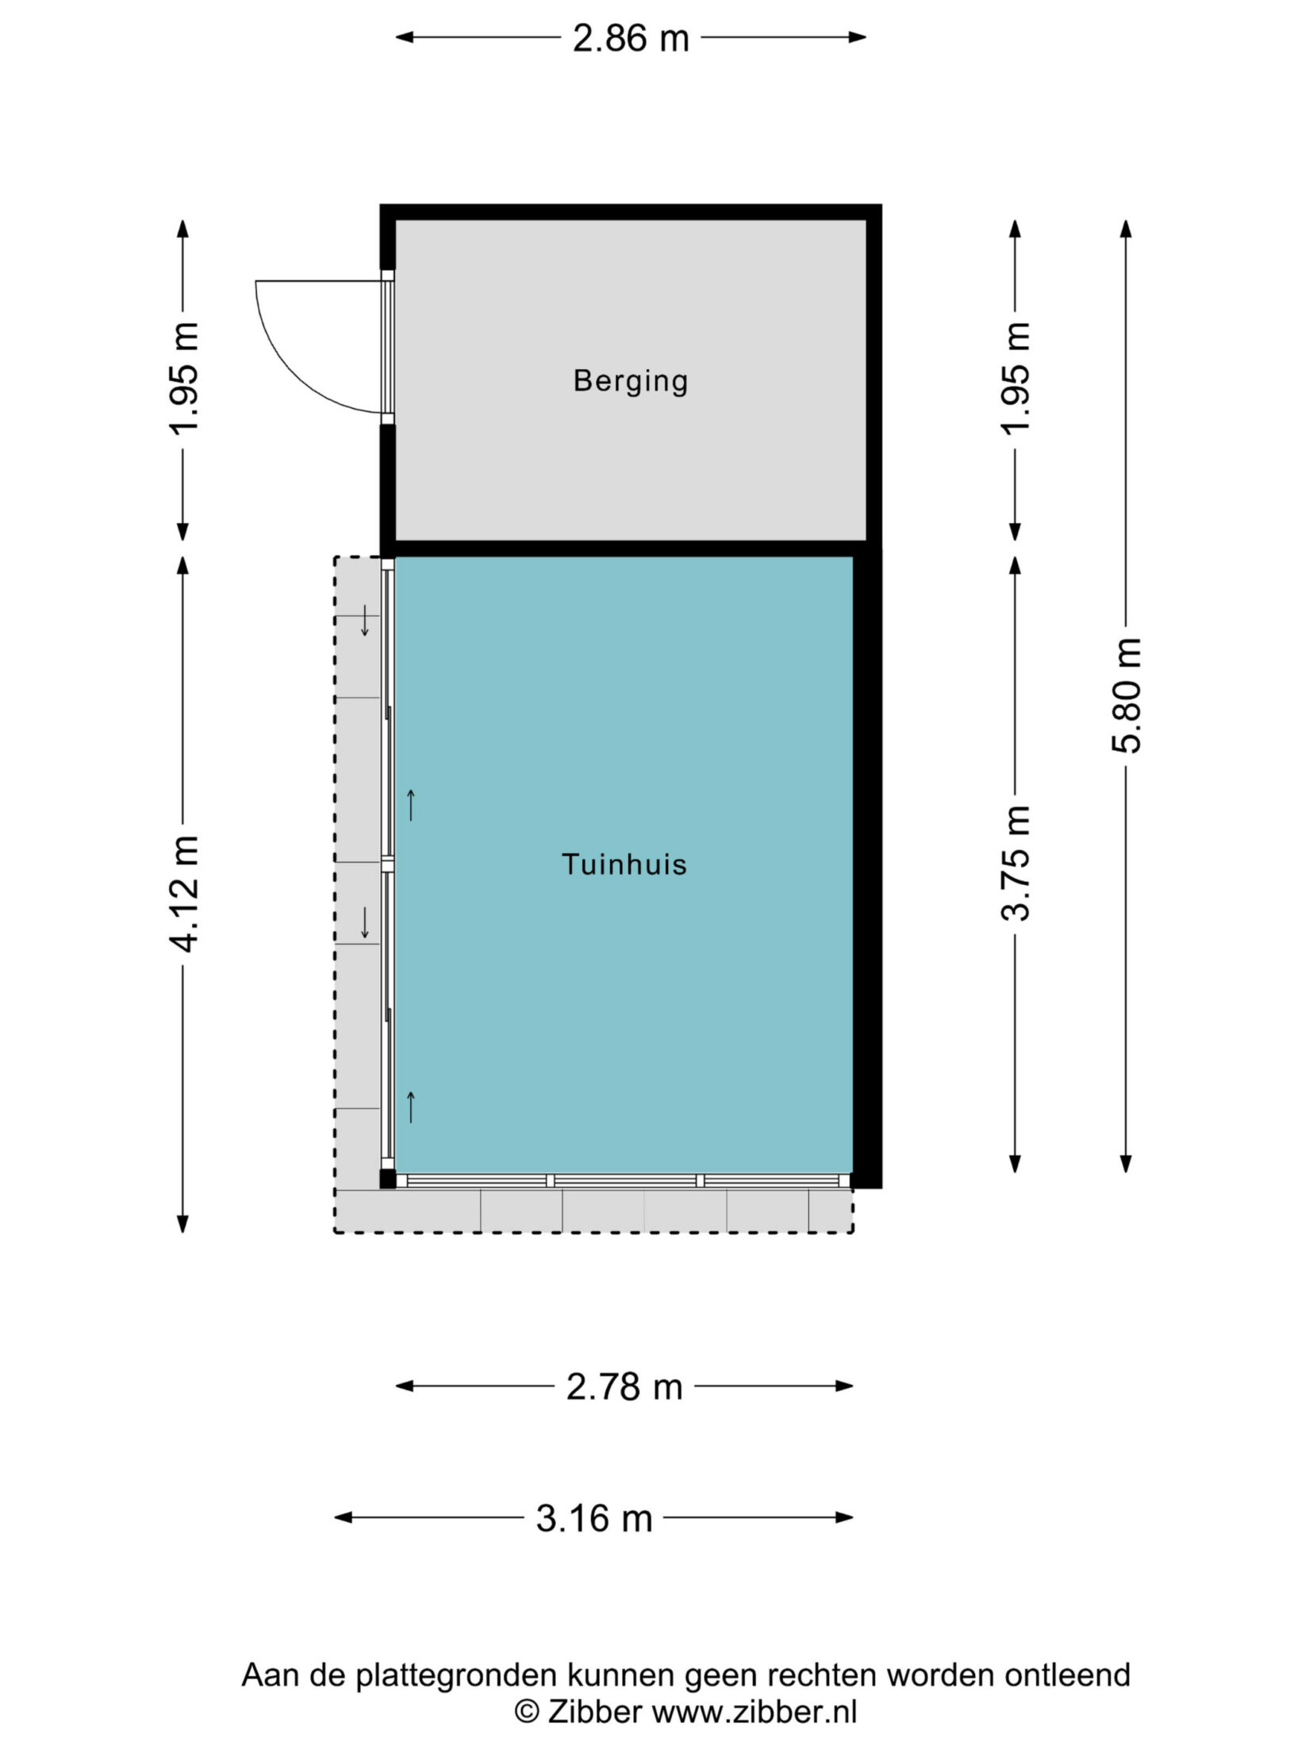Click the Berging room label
[631, 382]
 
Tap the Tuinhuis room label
[624, 864]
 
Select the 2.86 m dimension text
[631, 39]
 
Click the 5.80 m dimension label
[1127, 694]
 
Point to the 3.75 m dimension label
[1015, 863]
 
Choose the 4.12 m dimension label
[183, 894]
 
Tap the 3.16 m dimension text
[594, 1518]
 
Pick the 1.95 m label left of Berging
[183, 379]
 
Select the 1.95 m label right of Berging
[1015, 379]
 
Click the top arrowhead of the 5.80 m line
[1126, 229]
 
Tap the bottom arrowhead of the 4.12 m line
[182, 1223]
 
